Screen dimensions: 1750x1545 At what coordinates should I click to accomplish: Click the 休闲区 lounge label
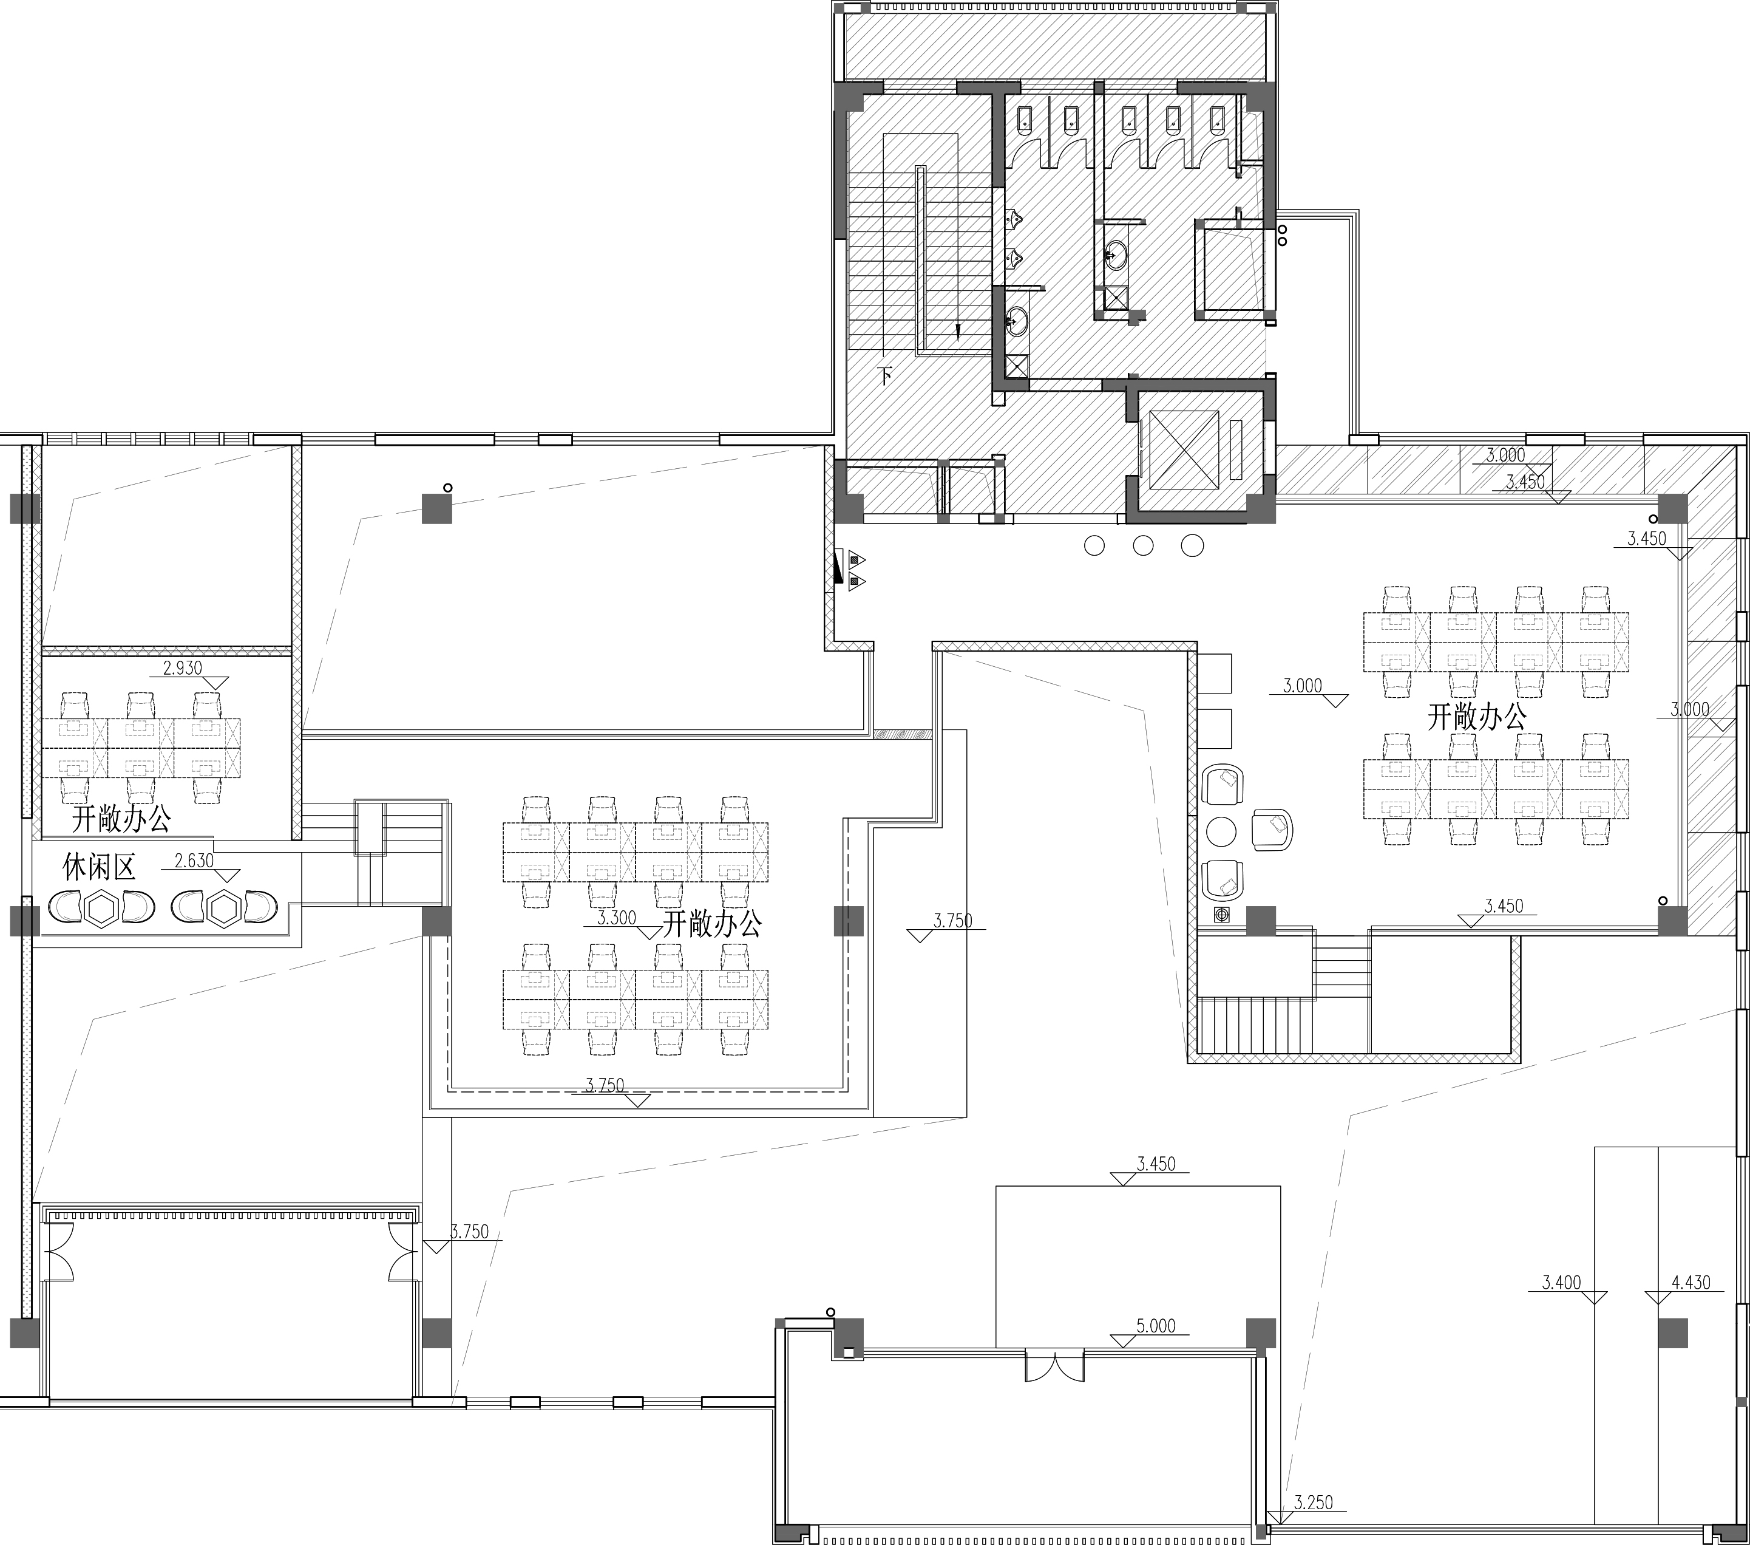tap(100, 868)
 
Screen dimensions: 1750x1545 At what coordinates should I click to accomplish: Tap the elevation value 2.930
tap(182, 669)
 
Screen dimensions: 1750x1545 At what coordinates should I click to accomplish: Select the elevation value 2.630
tap(194, 861)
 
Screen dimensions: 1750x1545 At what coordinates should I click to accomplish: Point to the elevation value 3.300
tap(617, 918)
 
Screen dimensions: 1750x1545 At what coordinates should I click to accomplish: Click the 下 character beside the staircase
tap(886, 375)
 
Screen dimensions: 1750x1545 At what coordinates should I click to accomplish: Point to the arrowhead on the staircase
tap(958, 332)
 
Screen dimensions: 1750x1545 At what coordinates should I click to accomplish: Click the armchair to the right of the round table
tap(1272, 829)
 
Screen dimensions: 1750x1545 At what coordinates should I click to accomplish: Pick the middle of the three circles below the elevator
tap(1143, 545)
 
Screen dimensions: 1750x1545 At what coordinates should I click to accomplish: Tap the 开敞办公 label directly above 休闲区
tap(121, 820)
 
